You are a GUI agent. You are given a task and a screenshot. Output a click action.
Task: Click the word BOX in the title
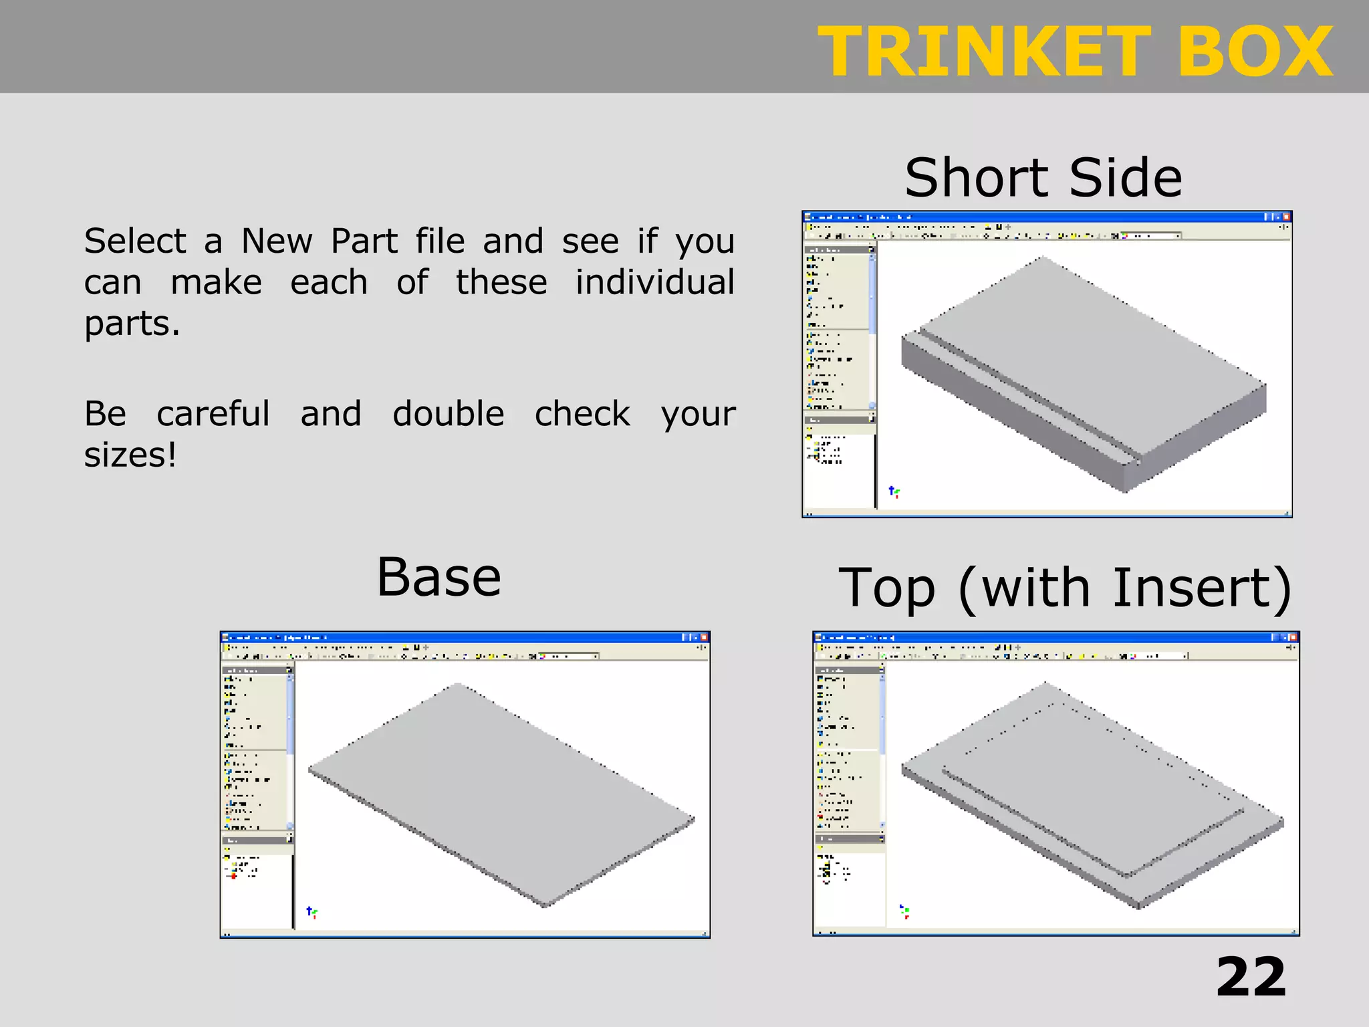click(x=1255, y=52)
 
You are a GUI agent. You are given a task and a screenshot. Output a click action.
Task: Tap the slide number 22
click(x=1251, y=977)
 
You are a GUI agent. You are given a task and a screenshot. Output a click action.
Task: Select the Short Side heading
click(x=1043, y=178)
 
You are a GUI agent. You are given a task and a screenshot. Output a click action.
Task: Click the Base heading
click(x=439, y=578)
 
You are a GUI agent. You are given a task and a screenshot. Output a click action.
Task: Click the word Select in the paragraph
click(x=135, y=241)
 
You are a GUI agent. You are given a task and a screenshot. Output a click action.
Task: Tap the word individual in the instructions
click(x=654, y=282)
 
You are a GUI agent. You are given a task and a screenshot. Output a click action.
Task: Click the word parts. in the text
click(x=132, y=324)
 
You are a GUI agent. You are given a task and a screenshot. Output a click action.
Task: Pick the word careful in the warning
click(x=213, y=414)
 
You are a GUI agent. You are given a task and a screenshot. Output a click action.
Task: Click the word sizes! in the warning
click(x=130, y=455)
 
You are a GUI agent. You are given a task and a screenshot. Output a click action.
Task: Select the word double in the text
click(x=448, y=414)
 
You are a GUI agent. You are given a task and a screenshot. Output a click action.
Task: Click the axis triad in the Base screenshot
click(x=312, y=911)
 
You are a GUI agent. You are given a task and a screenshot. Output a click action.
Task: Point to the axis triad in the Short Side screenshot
click(x=894, y=492)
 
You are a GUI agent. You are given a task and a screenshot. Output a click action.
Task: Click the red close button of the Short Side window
click(x=1286, y=217)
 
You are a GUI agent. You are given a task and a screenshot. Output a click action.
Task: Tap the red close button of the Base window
click(x=704, y=637)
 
